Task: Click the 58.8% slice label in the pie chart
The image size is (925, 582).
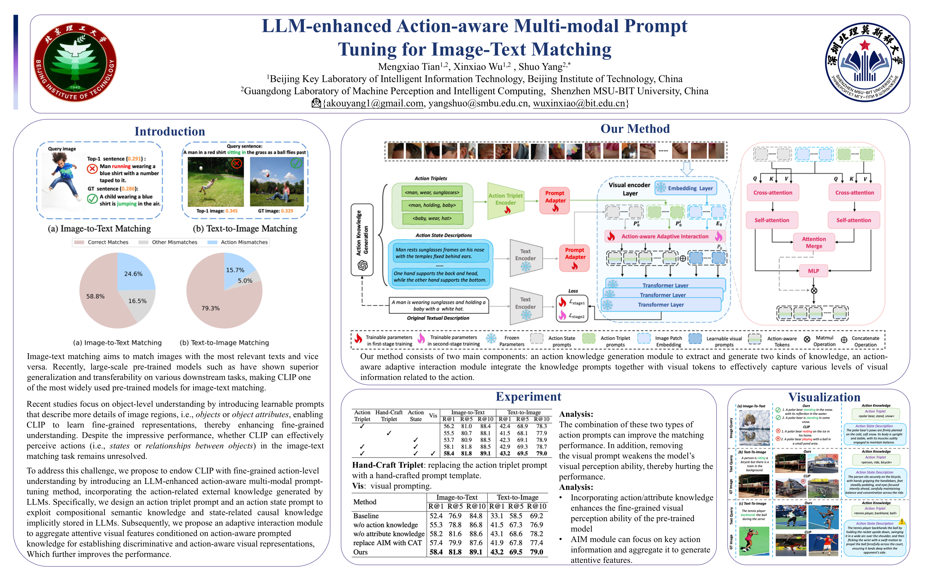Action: [x=95, y=296]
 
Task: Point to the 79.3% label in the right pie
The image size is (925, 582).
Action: [x=210, y=308]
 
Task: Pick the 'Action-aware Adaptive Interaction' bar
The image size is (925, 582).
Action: [x=665, y=236]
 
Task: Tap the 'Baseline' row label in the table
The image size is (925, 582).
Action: [x=366, y=516]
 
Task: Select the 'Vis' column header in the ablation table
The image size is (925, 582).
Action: [x=433, y=416]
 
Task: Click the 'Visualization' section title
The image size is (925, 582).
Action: [x=824, y=397]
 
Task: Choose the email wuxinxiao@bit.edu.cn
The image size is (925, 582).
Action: [x=579, y=103]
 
